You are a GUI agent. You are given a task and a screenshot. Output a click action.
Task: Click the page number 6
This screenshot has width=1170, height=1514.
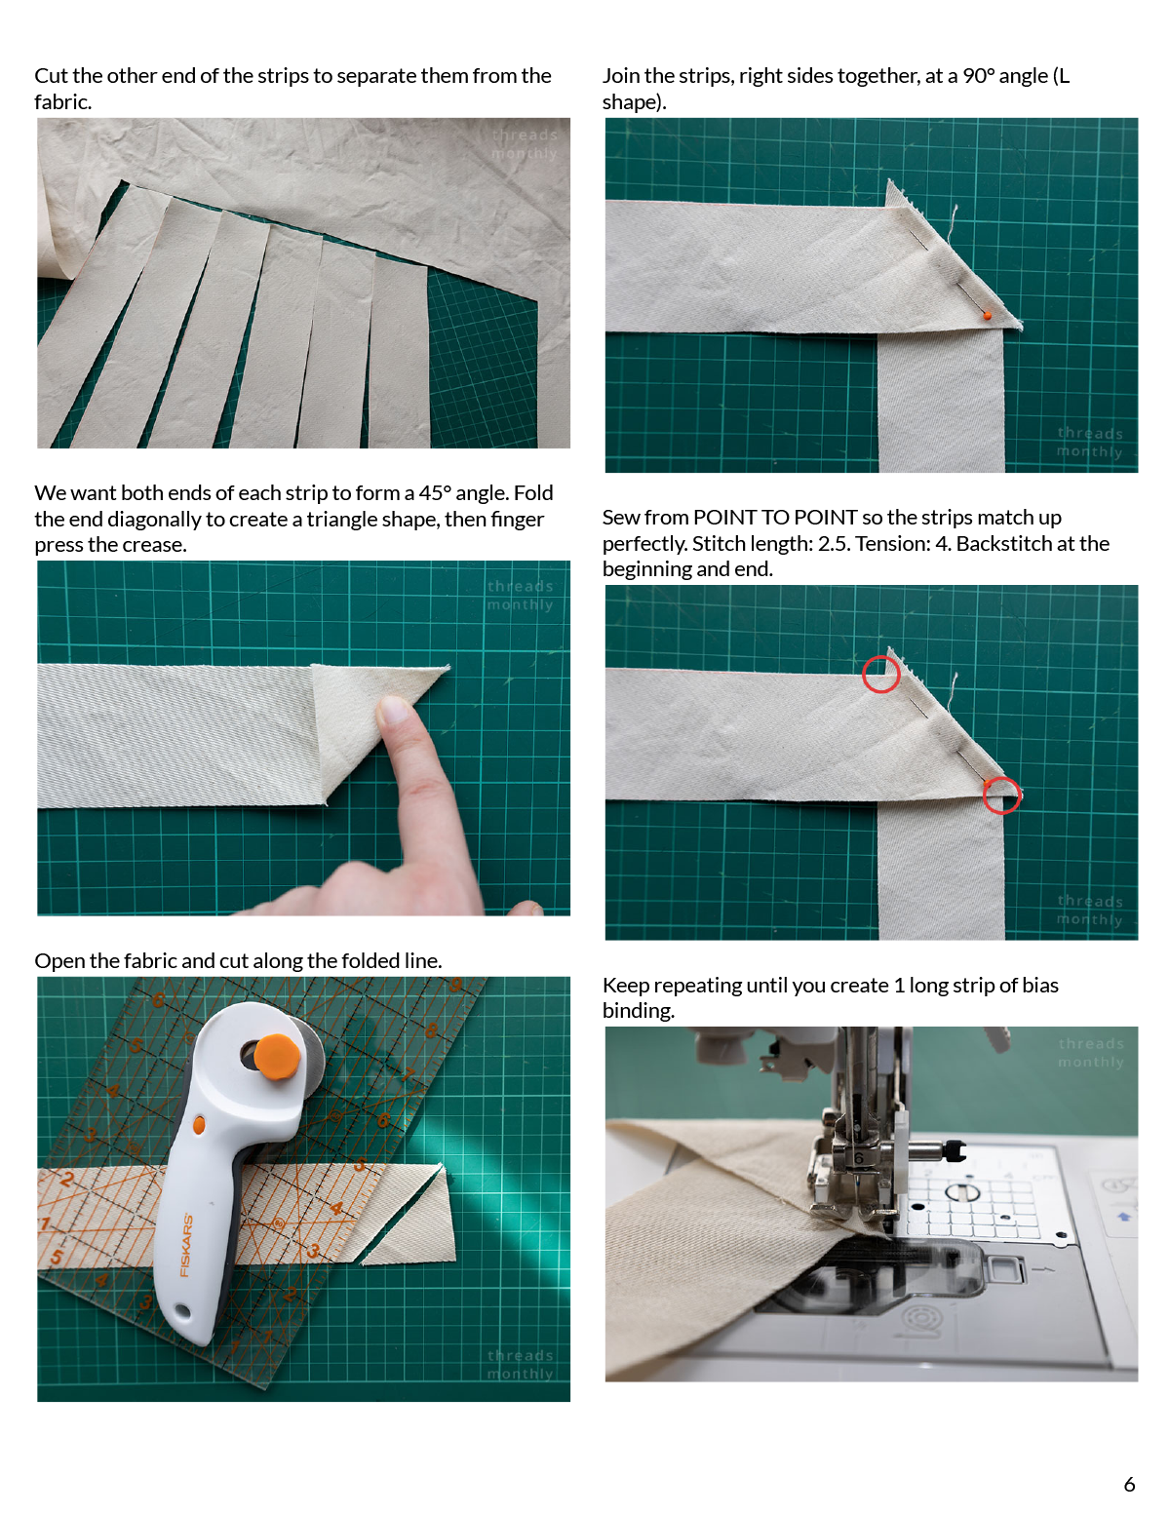coord(1129,1484)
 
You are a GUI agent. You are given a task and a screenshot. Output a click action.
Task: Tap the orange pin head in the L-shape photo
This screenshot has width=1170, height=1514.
coord(987,315)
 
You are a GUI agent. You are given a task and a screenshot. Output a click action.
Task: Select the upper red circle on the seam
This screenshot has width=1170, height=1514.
coord(880,674)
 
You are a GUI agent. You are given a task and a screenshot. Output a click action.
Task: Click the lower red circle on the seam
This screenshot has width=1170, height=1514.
coord(1001,795)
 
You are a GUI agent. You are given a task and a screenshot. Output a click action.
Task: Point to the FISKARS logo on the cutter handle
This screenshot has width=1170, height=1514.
coord(185,1245)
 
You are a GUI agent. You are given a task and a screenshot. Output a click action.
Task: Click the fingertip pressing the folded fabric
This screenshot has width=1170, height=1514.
coord(394,710)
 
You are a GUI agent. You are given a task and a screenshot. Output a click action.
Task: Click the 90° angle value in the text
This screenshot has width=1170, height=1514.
coord(979,76)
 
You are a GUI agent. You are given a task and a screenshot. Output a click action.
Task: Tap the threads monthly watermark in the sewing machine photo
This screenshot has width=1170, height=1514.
coord(1090,1053)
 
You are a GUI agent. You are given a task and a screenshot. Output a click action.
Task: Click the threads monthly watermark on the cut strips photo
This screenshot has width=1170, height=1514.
coord(524,144)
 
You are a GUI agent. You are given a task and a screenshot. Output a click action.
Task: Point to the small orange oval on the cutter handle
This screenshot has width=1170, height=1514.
coord(199,1125)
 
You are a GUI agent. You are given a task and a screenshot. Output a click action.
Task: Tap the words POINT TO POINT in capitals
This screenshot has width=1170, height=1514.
coord(775,518)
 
